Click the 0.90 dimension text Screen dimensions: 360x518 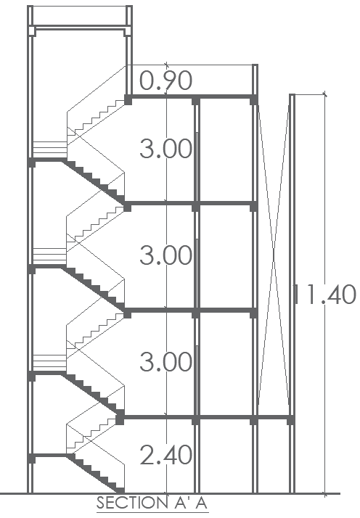pos(165,81)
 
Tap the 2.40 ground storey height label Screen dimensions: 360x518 pos(165,455)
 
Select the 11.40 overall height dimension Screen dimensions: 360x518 pos(324,295)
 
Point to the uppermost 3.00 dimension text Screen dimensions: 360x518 pos(165,148)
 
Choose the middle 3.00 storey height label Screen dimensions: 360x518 pos(165,255)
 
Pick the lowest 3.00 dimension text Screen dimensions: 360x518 pos(165,362)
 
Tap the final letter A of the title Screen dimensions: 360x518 pos(200,503)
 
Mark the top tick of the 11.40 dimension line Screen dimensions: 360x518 pos(325,95)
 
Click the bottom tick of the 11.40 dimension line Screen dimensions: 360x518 pos(325,494)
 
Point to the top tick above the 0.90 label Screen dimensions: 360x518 pos(166,65)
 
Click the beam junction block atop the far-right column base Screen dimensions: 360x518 pos(290,420)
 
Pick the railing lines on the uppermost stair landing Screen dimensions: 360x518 pos(50,149)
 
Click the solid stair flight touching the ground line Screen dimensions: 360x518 pos(96,474)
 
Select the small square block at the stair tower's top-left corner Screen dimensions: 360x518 pos(32,31)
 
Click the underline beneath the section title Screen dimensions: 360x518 pos(152,513)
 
